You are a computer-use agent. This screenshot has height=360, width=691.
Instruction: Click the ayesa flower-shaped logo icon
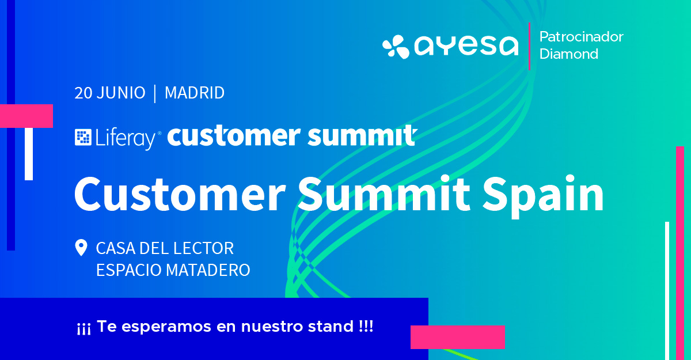tap(396, 47)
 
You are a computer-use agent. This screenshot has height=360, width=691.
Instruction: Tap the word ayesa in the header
tap(466, 46)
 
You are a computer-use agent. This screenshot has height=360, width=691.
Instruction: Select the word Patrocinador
tap(581, 37)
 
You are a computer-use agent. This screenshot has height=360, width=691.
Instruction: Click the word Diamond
tap(569, 54)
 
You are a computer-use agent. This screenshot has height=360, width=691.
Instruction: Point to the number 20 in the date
tap(83, 93)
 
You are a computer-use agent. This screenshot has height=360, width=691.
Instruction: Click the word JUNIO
tap(121, 93)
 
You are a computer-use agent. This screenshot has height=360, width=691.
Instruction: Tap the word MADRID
tap(195, 93)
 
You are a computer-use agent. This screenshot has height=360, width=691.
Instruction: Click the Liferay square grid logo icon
tap(83, 137)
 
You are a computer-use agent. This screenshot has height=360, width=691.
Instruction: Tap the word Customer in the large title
tap(180, 194)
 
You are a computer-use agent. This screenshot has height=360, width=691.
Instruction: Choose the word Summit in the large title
tap(384, 194)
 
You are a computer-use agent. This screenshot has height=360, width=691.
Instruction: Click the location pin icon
tap(81, 248)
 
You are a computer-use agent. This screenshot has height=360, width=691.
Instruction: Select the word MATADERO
tap(208, 270)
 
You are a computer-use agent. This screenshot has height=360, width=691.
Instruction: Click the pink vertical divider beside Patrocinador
tap(529, 46)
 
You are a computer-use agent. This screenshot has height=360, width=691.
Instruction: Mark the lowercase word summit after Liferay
tap(362, 136)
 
